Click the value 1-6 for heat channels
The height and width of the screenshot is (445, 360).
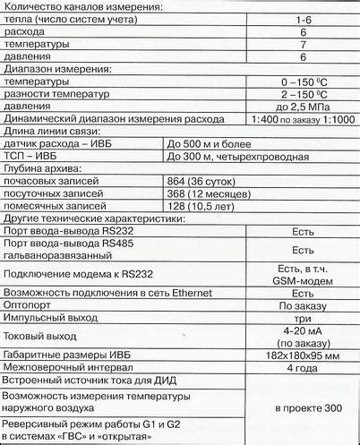coord(303,17)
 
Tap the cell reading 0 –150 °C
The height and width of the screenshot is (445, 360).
coord(303,81)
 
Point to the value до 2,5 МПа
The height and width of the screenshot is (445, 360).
coord(303,107)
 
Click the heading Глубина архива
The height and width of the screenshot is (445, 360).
coord(44,167)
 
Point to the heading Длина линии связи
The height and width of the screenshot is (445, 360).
coord(51,131)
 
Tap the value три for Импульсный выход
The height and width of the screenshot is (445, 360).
coord(303,318)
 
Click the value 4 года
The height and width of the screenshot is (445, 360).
coord(303,367)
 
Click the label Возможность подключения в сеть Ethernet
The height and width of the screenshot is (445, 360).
coord(107,293)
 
